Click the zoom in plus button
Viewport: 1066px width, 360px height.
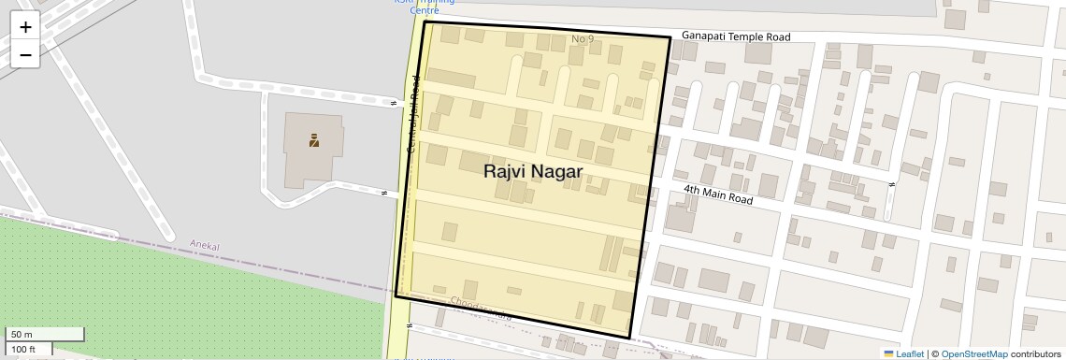point(25,27)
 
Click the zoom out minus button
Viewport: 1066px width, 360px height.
point(25,55)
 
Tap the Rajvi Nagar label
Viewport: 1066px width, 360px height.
point(533,172)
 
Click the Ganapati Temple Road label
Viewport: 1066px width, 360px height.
point(736,36)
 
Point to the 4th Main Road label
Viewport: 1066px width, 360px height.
point(717,194)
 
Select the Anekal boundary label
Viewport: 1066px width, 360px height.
point(204,244)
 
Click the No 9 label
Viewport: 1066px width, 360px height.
point(583,38)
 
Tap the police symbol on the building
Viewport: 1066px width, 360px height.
point(314,141)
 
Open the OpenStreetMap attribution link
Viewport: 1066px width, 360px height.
point(974,353)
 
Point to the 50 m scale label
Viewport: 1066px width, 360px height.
point(21,335)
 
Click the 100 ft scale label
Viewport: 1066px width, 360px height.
point(23,350)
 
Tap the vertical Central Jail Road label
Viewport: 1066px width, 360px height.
point(413,115)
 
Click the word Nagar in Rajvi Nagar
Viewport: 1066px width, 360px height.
point(556,172)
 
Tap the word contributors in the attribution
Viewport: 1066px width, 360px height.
point(1036,353)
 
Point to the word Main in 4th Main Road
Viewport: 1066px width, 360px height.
point(717,194)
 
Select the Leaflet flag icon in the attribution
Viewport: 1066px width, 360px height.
point(889,353)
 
